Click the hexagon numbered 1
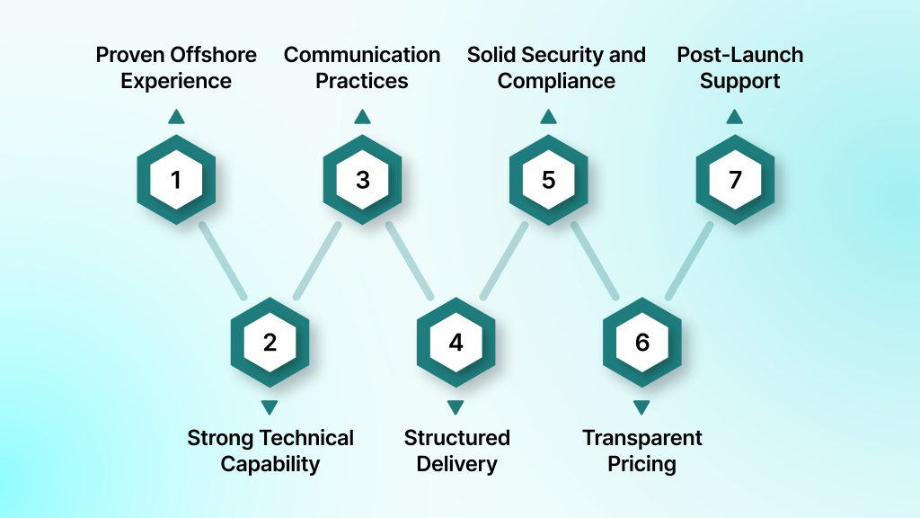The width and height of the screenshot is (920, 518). click(176, 180)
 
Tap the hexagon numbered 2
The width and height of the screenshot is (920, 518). click(270, 343)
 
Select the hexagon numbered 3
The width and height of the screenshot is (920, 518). click(362, 180)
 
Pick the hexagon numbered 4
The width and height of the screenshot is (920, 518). click(456, 343)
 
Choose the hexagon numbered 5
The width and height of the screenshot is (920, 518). click(548, 180)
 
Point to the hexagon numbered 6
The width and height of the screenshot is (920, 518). click(641, 343)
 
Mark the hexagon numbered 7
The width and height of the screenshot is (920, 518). click(735, 180)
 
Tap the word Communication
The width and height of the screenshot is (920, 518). click(362, 55)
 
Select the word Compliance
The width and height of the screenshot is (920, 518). click(556, 81)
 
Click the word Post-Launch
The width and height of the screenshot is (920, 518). click(740, 55)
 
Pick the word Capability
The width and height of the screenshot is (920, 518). click(270, 464)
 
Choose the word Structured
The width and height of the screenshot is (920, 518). click(456, 438)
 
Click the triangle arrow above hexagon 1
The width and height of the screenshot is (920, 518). click(176, 116)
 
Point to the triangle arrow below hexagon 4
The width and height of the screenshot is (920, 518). click(456, 406)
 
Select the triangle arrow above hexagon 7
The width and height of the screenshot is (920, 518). click(735, 116)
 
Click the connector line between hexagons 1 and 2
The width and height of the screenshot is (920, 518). click(223, 260)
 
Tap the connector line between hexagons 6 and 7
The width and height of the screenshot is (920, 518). click(688, 260)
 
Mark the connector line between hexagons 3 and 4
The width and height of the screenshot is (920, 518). click(410, 260)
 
